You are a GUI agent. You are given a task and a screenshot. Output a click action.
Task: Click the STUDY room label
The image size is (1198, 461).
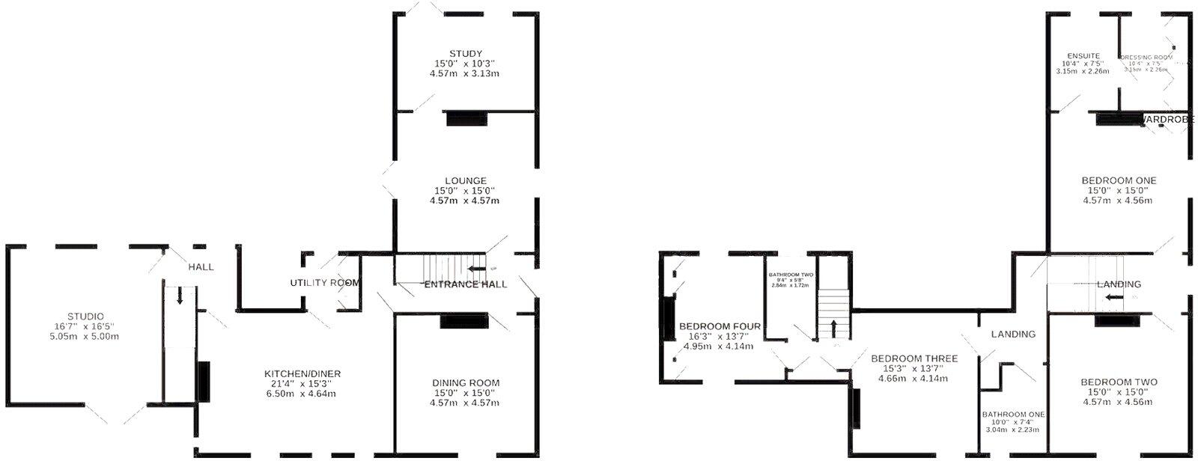tap(465, 54)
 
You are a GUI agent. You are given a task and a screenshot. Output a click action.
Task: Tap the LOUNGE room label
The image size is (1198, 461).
tap(465, 181)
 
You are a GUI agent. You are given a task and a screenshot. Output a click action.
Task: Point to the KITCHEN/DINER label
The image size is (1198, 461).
tap(302, 374)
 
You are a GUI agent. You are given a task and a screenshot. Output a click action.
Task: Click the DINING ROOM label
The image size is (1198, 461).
tap(465, 383)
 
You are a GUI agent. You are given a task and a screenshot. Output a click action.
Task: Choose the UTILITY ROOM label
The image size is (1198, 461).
tap(325, 283)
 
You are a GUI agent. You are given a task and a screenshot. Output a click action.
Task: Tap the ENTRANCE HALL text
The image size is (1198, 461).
tap(466, 284)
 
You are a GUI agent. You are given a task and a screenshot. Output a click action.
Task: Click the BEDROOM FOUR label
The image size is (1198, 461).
tap(720, 326)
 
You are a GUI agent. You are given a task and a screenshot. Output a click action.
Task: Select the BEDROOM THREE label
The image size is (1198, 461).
tap(914, 358)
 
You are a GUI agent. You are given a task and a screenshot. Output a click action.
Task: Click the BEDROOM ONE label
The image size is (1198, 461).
tap(1119, 180)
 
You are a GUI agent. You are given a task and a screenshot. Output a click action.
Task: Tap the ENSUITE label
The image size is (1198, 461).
tap(1083, 56)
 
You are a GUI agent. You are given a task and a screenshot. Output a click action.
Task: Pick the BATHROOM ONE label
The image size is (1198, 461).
tap(1014, 414)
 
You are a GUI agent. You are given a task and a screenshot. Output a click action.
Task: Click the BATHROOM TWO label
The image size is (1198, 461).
tap(791, 275)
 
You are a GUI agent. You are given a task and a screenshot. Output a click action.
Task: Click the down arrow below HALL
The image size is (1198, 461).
tap(180, 297)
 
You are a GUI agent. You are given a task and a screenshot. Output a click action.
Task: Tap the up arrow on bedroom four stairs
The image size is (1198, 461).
tap(833, 329)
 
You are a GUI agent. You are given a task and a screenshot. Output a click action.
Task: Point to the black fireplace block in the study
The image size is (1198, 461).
tap(466, 118)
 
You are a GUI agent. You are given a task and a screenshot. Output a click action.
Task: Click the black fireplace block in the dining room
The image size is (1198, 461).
tap(464, 321)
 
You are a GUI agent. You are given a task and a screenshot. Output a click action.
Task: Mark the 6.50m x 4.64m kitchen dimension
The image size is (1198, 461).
tap(302, 394)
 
